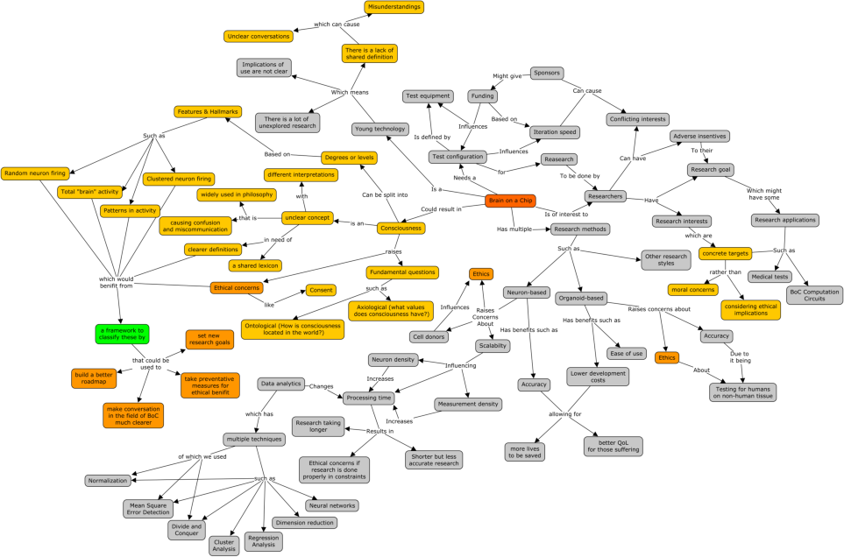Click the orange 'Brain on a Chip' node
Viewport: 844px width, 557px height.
coord(509,201)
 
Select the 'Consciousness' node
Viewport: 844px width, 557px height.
coord(401,229)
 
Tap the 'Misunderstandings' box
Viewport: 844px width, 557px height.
coord(394,7)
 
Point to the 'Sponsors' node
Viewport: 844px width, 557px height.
coord(546,74)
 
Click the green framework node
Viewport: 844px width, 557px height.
coord(122,334)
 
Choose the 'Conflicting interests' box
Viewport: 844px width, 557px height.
coord(637,119)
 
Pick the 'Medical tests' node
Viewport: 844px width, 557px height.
coord(770,277)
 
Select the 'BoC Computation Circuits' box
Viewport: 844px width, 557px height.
coord(814,296)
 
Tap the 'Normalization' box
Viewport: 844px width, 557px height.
coord(108,480)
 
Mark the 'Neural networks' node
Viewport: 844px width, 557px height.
coord(332,505)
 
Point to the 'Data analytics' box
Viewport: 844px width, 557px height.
coord(280,384)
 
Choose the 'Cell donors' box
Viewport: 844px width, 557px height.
coord(429,337)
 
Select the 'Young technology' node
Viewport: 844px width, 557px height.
coord(379,130)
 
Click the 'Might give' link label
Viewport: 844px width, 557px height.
coord(507,76)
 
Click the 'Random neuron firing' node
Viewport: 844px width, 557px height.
coord(35,173)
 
